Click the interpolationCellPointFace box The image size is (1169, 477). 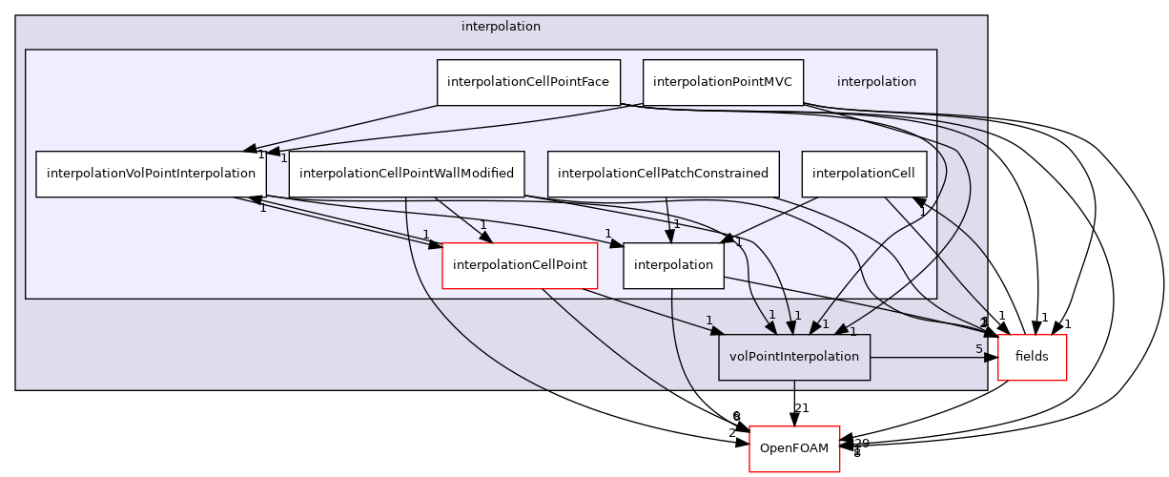[x=528, y=82]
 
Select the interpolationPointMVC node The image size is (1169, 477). [x=722, y=82]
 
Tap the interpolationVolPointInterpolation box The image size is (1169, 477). [x=151, y=174]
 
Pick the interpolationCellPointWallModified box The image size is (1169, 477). [x=406, y=174]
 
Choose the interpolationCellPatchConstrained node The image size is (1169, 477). [x=663, y=174]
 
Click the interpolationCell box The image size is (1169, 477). [x=863, y=174]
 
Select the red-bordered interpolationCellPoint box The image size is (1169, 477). [x=520, y=265]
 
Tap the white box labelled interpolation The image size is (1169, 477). [x=673, y=265]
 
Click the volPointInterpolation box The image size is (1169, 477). [x=793, y=357]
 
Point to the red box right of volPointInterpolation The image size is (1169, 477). [x=1032, y=358]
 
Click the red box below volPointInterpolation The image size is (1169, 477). [x=794, y=448]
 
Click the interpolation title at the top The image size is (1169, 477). [x=501, y=27]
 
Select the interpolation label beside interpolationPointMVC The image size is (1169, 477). [x=876, y=82]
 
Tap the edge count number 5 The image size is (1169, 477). [x=978, y=349]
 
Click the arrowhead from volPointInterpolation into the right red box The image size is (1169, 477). [x=992, y=358]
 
